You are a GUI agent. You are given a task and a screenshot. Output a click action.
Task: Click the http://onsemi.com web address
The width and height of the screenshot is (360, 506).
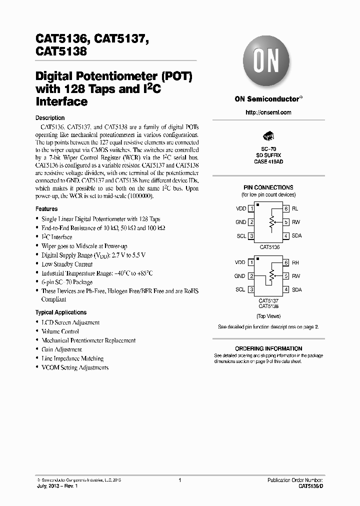point(268,112)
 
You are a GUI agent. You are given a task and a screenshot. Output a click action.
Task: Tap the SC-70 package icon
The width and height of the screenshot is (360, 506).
point(268,136)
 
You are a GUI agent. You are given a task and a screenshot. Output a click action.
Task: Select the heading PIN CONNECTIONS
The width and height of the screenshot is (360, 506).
point(268,187)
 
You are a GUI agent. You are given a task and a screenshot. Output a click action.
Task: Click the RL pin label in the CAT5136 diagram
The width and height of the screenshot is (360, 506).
point(295,208)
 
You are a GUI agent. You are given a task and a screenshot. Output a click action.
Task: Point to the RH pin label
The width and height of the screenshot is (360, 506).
point(295,262)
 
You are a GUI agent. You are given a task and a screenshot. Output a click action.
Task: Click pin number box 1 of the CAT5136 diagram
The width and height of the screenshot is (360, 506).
point(251,208)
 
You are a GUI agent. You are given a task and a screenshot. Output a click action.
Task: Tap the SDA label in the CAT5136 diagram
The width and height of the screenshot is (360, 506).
point(296,235)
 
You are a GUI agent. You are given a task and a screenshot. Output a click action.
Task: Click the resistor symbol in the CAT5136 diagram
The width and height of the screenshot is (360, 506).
point(271,222)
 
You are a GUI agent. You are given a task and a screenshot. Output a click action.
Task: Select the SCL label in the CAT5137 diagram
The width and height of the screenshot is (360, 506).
point(240,289)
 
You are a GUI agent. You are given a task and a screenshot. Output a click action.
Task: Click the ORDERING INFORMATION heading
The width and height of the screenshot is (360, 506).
point(268,348)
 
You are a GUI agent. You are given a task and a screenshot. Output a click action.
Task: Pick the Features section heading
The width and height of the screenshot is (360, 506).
point(46,209)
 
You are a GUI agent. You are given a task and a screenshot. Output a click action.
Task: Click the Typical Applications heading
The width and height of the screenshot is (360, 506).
point(61,312)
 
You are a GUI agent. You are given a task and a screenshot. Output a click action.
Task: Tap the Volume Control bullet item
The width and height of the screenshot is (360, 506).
point(60,331)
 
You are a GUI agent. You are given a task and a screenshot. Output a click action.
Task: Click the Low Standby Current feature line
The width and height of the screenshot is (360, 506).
point(67,264)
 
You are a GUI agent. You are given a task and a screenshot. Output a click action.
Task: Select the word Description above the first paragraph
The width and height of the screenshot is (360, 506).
point(50,118)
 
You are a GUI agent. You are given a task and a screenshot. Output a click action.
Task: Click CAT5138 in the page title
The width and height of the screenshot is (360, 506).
point(61,50)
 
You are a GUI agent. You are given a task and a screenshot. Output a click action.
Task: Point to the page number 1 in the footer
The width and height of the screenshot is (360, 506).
point(179,480)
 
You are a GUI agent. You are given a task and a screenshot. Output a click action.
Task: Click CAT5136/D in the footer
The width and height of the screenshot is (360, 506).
point(311,486)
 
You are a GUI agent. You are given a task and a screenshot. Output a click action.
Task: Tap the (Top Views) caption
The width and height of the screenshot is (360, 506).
point(268,316)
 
